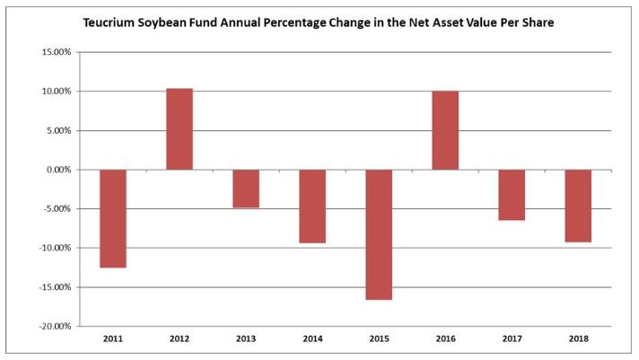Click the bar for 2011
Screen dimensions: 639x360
[113, 218]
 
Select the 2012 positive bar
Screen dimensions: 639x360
[179, 129]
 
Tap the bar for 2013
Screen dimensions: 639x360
[246, 189]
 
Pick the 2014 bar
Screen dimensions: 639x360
[312, 206]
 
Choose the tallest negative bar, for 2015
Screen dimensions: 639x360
[379, 235]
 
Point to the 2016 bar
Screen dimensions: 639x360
[445, 130]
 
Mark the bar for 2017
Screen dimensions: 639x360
[512, 195]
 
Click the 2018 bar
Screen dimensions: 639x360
[578, 206]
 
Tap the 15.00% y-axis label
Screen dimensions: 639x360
[57, 52]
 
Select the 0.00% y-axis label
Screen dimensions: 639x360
[58, 170]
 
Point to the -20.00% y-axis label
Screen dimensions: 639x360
[55, 326]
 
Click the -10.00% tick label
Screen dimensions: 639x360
[55, 248]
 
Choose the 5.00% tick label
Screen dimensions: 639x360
[58, 130]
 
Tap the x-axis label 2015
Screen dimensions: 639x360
[379, 338]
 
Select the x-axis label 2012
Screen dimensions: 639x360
[179, 338]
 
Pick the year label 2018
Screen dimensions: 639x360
[579, 338]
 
